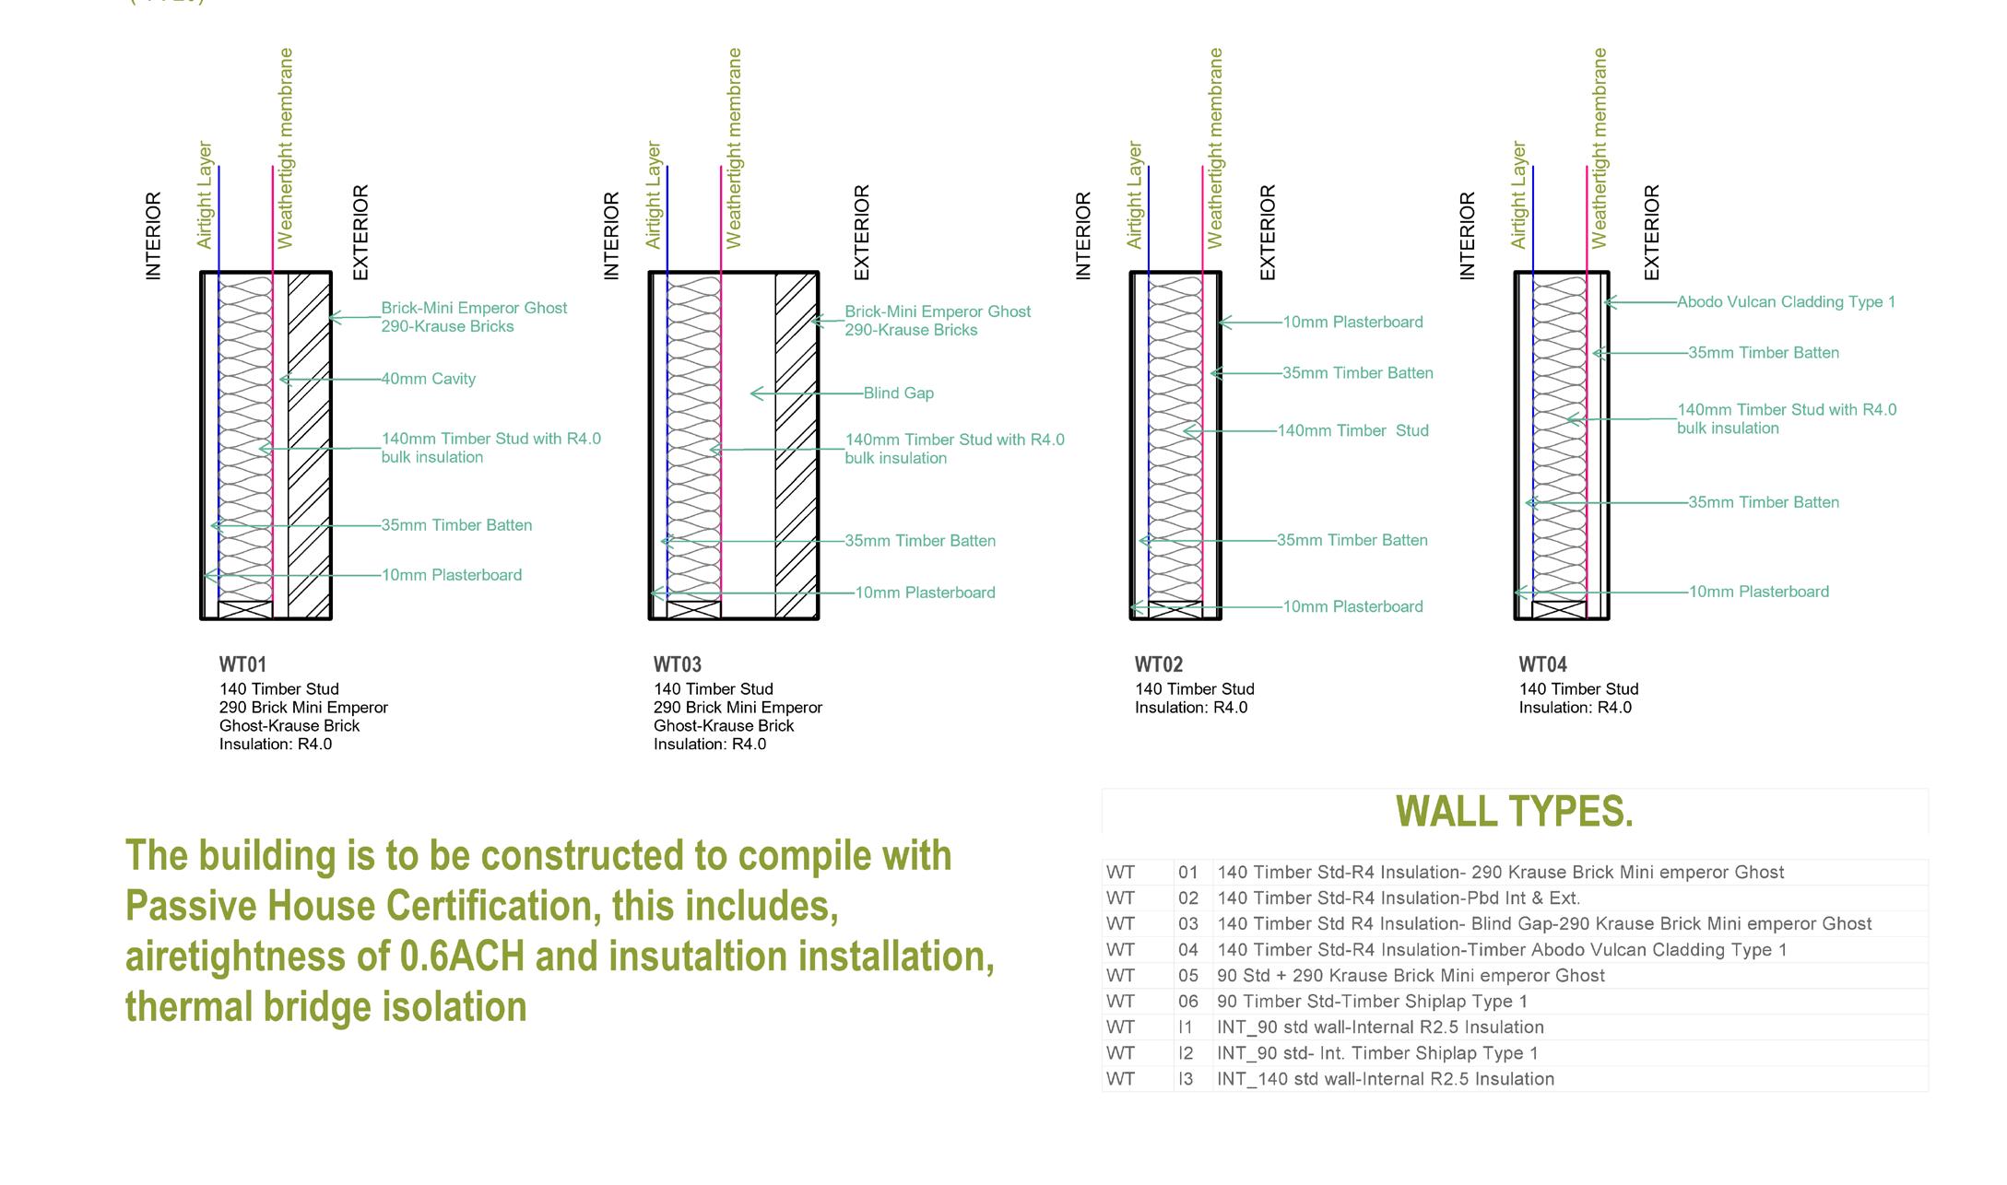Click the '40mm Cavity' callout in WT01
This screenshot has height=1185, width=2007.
pos(428,379)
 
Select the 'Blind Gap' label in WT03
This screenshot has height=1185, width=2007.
pos(898,393)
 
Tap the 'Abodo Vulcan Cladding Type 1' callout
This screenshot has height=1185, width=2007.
pos(1786,302)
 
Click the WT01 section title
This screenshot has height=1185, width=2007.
pos(242,664)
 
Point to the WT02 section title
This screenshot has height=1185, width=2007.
pos(1158,664)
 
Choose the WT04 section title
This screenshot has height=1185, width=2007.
pos(1542,664)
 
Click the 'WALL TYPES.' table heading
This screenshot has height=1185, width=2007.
pos(1514,812)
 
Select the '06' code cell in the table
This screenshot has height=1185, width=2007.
pos(1187,1002)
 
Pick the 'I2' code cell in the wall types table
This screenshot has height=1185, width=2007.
pos(1186,1053)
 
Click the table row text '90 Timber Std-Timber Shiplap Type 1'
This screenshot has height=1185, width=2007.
pos(1372,1002)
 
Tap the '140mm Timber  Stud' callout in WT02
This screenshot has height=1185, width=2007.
pos(1352,430)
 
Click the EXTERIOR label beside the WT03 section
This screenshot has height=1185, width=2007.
pos(861,232)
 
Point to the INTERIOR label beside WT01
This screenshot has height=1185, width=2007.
pos(153,236)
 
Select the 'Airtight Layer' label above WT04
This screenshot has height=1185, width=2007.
pos(1518,194)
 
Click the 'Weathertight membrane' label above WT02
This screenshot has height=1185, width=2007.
pos(1215,148)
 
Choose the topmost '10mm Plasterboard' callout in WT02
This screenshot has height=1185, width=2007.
pos(1352,323)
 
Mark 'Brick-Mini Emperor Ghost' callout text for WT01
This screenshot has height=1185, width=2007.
pos(474,308)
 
